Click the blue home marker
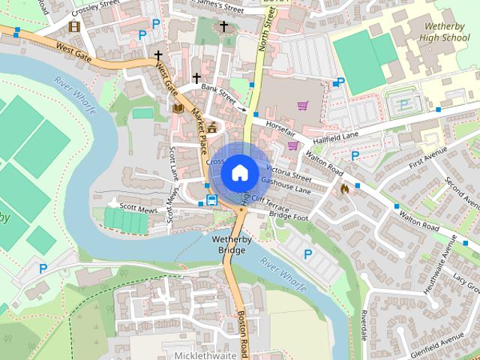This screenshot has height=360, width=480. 238,173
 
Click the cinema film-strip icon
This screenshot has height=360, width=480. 74,26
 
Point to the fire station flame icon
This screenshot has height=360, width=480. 344,189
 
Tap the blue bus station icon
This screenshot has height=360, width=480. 212,200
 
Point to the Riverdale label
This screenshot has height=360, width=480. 363,322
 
